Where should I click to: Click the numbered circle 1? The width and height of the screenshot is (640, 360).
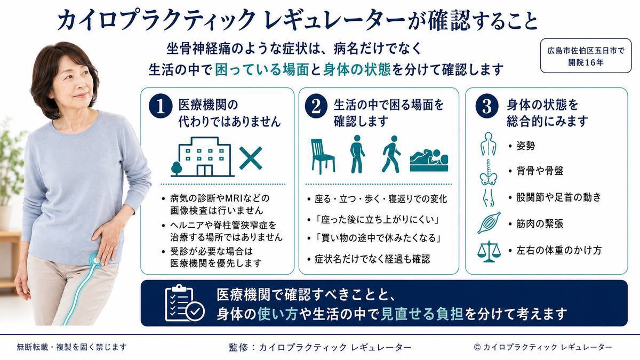tap(161, 107)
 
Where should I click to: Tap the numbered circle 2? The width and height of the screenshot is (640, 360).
tap(316, 106)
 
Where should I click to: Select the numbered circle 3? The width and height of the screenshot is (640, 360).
tap(487, 106)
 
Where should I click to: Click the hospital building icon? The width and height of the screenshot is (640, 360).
tap(203, 157)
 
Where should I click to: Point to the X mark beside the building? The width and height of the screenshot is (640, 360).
tap(251, 158)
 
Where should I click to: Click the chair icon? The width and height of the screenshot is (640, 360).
tap(323, 156)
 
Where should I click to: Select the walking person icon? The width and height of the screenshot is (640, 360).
tap(391, 154)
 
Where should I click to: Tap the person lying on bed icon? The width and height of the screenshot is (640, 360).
tap(429, 161)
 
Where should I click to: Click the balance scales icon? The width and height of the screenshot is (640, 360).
tap(489, 252)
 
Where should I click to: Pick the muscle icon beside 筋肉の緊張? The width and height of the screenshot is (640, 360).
tap(489, 223)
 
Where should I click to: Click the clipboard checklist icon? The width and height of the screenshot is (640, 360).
tap(185, 303)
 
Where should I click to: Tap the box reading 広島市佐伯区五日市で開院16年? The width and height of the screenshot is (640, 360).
tap(586, 56)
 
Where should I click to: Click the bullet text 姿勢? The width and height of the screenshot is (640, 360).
tap(525, 146)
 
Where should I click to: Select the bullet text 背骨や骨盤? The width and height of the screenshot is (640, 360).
tap(540, 171)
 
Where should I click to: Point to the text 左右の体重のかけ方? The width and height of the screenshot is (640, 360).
tap(559, 250)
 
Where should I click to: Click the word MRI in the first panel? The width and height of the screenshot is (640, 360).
tap(235, 198)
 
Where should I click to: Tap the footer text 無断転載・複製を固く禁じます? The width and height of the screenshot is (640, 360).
tap(71, 347)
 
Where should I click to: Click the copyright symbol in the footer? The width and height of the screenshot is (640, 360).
tap(477, 347)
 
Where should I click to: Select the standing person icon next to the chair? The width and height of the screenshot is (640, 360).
tap(357, 154)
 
